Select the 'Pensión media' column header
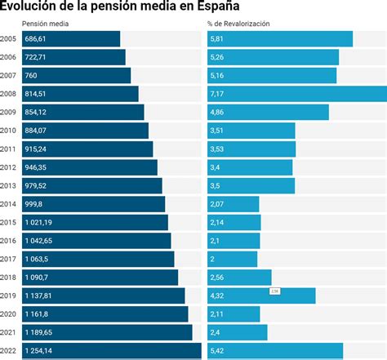point(45,24)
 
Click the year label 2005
point(9,39)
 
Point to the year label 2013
point(9,185)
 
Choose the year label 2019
point(9,296)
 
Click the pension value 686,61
point(36,39)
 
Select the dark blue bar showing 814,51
point(80,94)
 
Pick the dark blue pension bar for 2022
point(110,350)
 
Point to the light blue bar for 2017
point(233,259)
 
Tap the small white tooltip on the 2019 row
point(275,291)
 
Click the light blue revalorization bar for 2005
point(280,39)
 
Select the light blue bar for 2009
point(268,112)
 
